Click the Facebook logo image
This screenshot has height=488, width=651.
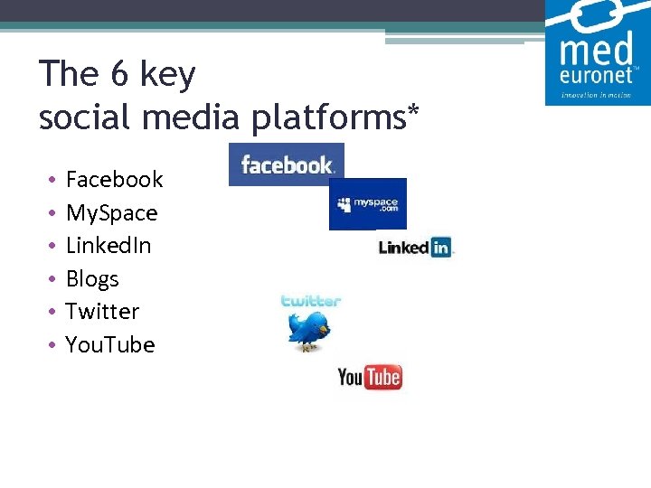(287, 164)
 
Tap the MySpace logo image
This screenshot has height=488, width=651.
(367, 203)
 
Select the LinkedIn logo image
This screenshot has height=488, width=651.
(414, 247)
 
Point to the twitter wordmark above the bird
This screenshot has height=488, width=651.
(310, 301)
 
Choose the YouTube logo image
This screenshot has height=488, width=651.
(369, 377)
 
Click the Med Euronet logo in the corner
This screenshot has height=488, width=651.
(597, 52)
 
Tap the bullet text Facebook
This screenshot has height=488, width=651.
(114, 180)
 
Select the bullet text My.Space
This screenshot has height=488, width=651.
(111, 213)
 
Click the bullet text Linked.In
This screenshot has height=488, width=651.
(108, 246)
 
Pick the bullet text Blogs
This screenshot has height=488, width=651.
(92, 279)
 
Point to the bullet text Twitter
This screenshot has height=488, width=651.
(102, 312)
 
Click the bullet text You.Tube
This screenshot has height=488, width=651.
(110, 345)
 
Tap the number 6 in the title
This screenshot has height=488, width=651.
(120, 74)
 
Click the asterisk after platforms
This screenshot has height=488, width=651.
(414, 110)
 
